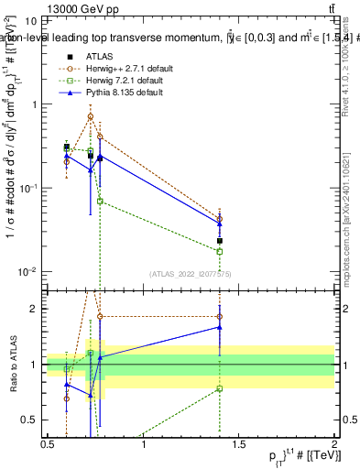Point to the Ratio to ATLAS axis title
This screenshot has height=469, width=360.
[12, 364]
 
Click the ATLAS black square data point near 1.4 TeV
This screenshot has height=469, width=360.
[220, 241]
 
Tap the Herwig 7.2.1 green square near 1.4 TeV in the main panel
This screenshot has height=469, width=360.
[220, 251]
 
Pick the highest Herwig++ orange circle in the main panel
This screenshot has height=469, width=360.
[90, 116]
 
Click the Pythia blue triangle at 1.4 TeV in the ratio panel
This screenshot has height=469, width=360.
[220, 326]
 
